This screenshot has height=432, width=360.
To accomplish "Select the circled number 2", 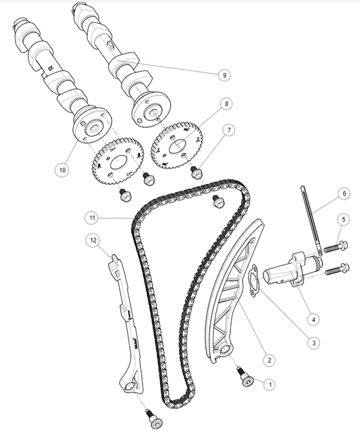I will (269, 360).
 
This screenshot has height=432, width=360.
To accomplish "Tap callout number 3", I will (313, 343).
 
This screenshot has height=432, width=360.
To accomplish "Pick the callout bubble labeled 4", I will (313, 318).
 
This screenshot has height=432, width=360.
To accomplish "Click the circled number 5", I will (343, 219).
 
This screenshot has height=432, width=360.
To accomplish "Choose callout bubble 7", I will (229, 129).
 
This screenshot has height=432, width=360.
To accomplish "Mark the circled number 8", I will (226, 104).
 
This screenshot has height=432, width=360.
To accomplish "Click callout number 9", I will (224, 75).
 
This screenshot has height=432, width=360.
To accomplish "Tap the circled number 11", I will (92, 218).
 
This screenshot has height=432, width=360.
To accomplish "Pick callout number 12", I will (92, 239).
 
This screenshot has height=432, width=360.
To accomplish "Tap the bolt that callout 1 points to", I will (245, 379).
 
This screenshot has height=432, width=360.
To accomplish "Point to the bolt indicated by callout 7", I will (197, 173).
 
